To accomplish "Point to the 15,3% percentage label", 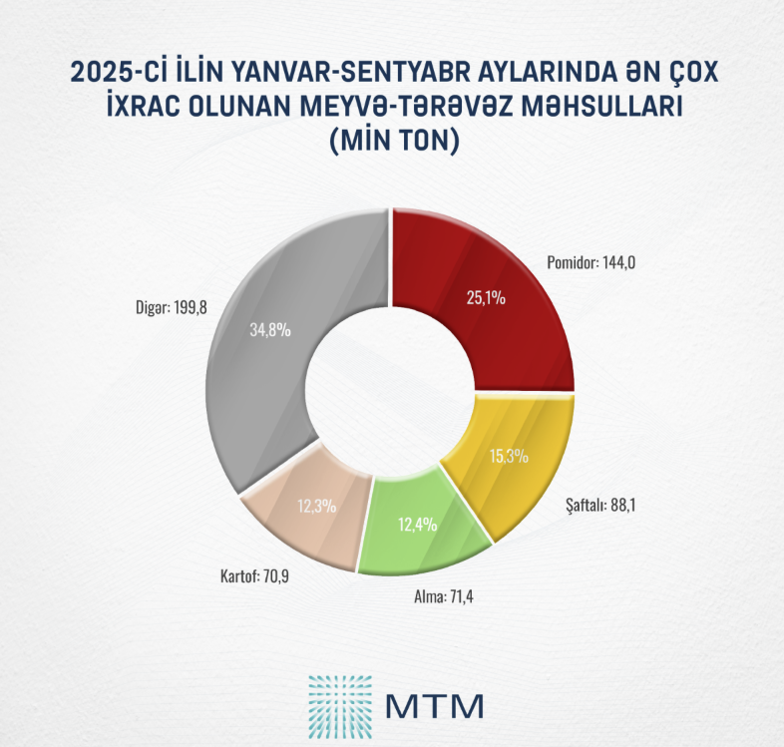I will [509, 457].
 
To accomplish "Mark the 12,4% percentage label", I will [416, 525].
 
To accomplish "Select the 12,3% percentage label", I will [316, 506].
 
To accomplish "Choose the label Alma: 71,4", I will [442, 598].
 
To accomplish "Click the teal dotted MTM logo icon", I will [338, 704].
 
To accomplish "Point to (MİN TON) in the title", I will [392, 142].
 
